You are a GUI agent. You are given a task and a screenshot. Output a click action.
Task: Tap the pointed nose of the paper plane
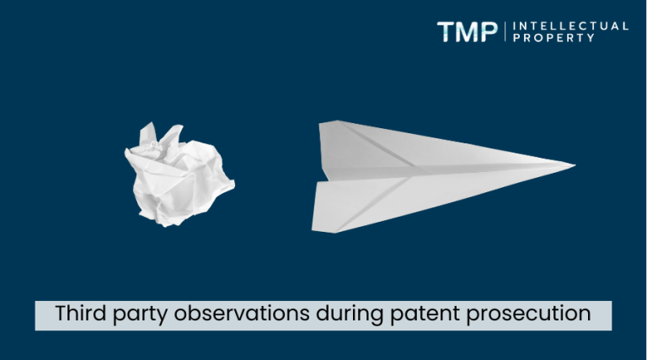click(x=574, y=165)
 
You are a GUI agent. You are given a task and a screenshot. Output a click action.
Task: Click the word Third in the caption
click(x=78, y=314)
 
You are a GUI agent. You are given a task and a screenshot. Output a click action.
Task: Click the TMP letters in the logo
click(x=468, y=32)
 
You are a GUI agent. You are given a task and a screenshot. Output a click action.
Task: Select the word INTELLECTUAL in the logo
click(x=570, y=26)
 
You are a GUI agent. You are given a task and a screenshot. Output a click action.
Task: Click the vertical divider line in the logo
click(x=505, y=32)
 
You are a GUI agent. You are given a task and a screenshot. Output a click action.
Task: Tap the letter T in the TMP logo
click(x=446, y=32)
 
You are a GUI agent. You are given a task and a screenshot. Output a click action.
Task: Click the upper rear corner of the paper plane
click(x=321, y=123)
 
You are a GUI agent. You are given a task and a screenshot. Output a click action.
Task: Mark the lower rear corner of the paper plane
click(x=314, y=229)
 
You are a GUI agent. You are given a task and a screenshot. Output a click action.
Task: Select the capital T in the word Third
click(x=61, y=314)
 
